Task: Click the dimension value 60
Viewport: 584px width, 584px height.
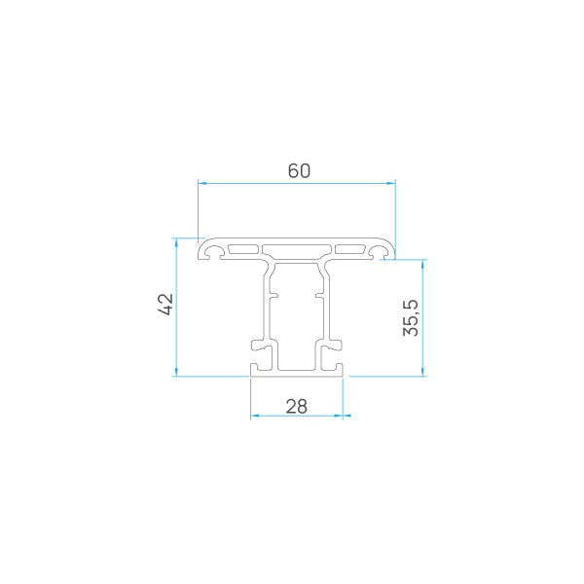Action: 299,171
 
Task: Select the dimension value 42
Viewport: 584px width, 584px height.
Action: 165,305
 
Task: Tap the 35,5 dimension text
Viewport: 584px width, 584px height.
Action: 411,317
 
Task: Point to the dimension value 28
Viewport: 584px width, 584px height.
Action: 297,406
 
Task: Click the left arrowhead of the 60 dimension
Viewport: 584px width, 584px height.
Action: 202,183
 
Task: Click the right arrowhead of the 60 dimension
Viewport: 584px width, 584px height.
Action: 391,183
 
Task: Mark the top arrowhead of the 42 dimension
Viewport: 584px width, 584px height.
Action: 176,242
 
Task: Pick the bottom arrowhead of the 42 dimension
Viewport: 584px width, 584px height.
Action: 176,372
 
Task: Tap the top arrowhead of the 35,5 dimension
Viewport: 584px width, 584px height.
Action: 422,264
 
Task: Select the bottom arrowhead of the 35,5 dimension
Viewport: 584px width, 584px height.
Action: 422,372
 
